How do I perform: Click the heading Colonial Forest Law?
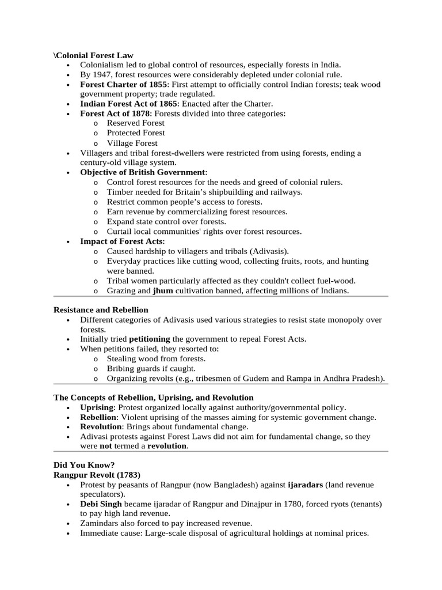[x=94, y=55]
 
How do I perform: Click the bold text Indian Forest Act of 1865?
[x=128, y=104]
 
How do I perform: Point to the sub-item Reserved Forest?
[x=136, y=123]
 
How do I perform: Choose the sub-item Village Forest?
[x=132, y=143]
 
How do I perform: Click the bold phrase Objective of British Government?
[x=142, y=172]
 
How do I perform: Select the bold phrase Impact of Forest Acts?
[x=121, y=241]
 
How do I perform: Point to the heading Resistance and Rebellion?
[x=101, y=310]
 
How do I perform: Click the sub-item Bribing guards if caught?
[x=151, y=368]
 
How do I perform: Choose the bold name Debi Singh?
[x=101, y=504]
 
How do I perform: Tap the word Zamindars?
[x=101, y=523]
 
